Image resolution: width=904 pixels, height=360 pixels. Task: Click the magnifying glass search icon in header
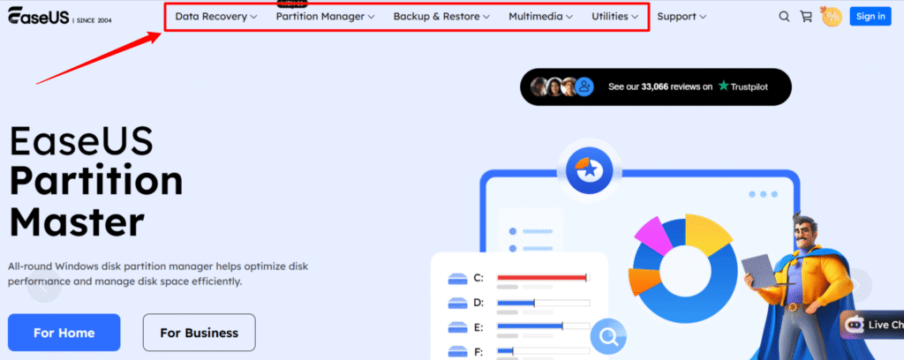click(784, 16)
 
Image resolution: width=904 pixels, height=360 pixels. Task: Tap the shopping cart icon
click(806, 16)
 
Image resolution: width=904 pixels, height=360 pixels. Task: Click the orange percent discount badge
click(831, 16)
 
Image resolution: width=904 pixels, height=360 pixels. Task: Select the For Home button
click(64, 333)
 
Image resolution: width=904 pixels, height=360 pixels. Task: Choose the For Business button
click(199, 333)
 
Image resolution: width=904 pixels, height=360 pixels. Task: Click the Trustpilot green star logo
click(724, 86)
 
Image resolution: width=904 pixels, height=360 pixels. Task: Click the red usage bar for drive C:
click(541, 278)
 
